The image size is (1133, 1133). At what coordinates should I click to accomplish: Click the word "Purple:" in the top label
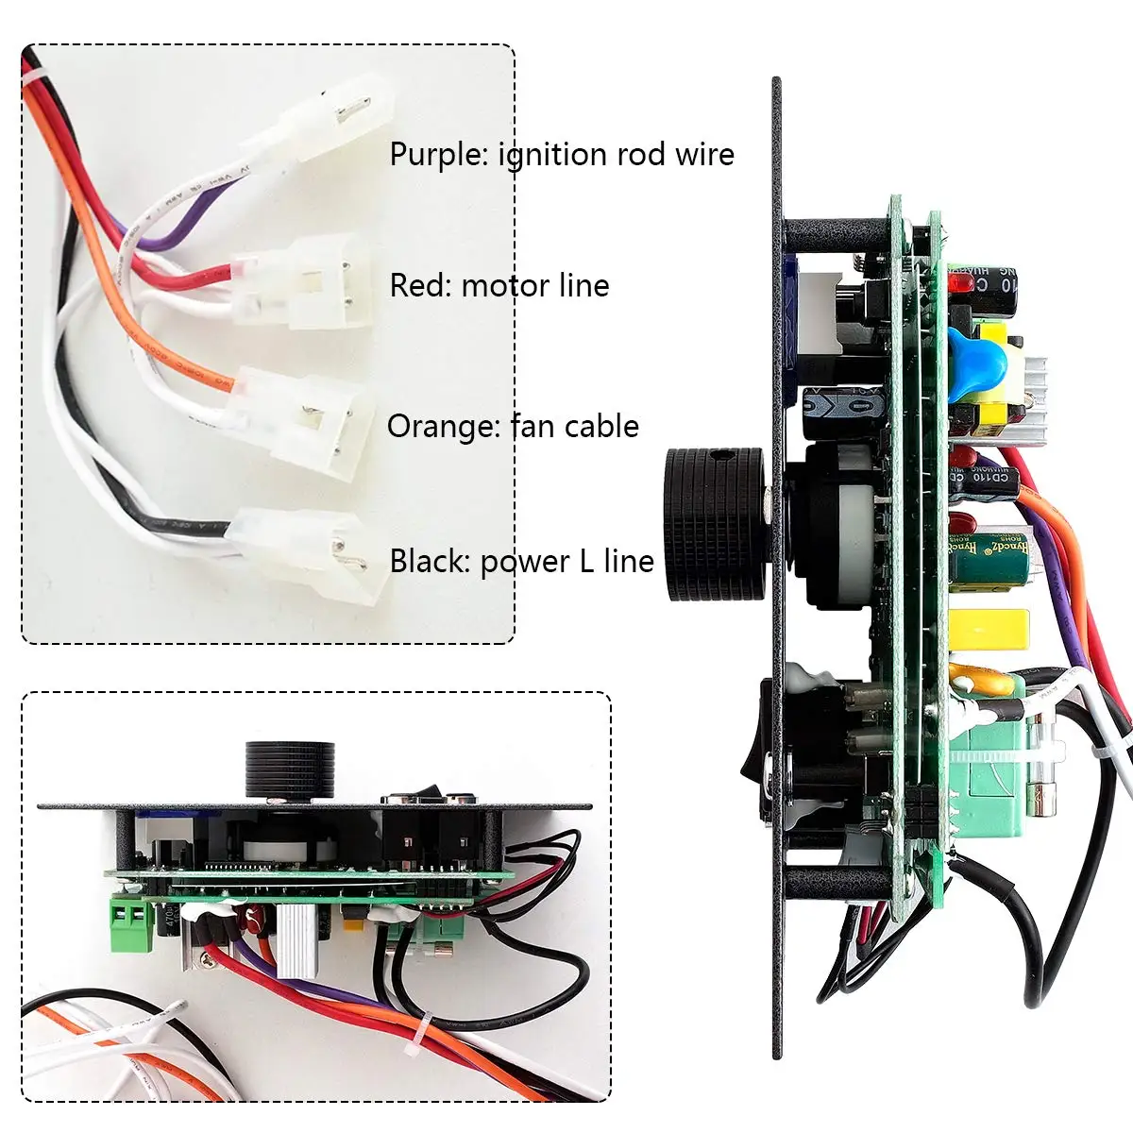439,155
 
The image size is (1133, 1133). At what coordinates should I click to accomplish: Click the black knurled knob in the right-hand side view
715,524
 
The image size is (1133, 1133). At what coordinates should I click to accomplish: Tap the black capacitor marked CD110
987,477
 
